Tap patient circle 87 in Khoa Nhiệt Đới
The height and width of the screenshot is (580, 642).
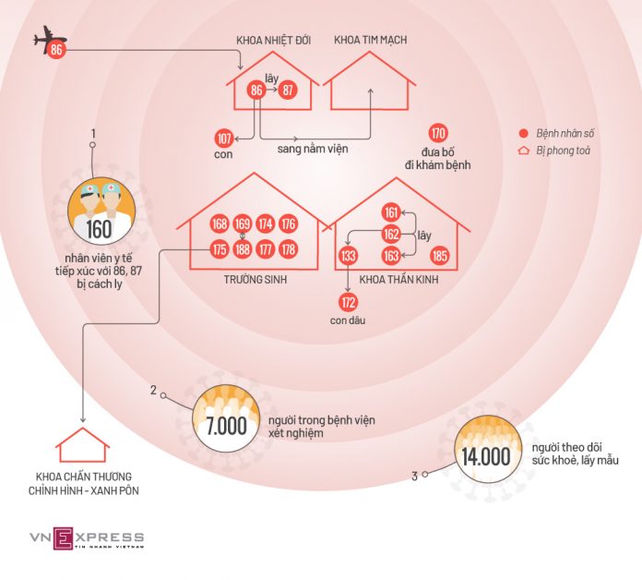click(x=288, y=90)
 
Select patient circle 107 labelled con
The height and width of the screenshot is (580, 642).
click(x=224, y=139)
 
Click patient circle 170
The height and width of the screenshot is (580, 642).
click(x=438, y=133)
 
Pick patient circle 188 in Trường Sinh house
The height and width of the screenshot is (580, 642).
click(x=243, y=249)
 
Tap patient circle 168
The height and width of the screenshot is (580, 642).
click(x=220, y=224)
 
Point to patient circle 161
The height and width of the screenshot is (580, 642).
click(x=391, y=212)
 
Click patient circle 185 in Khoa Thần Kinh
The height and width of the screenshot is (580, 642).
click(x=440, y=256)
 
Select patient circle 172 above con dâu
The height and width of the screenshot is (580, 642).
click(x=348, y=303)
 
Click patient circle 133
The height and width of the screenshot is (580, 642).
click(x=348, y=256)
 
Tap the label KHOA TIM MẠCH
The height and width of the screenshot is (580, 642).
click(x=371, y=40)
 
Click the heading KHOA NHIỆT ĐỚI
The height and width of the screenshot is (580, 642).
click(x=274, y=40)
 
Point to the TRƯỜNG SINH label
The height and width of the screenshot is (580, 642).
click(x=256, y=280)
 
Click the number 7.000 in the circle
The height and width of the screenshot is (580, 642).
click(x=226, y=426)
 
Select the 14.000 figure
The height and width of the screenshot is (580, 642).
click(x=486, y=456)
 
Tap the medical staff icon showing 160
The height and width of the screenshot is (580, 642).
click(x=101, y=211)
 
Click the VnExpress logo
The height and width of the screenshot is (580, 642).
click(x=87, y=538)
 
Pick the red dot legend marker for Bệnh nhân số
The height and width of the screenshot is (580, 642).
click(x=523, y=133)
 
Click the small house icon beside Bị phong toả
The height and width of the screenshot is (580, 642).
click(x=524, y=151)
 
